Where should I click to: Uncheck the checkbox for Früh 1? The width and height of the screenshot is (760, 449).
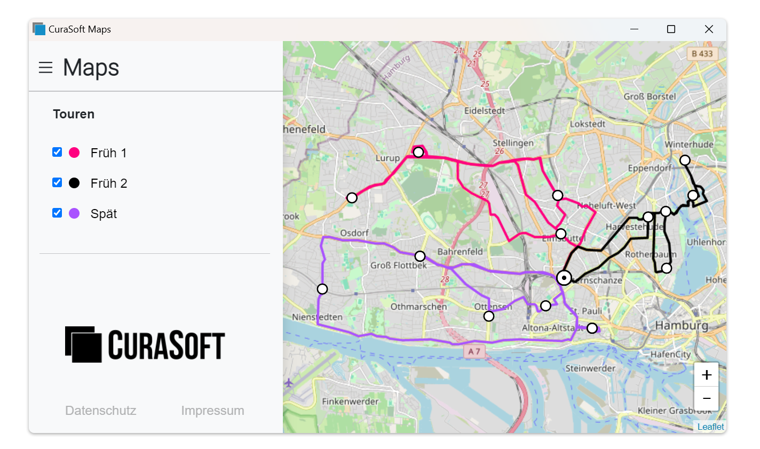coord(57,152)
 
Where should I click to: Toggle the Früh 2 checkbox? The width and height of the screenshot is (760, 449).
coord(57,182)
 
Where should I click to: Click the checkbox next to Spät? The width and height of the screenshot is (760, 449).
coord(57,213)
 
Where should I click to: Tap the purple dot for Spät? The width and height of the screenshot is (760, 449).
coord(74,213)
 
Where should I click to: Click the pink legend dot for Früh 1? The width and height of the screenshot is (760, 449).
coord(74,153)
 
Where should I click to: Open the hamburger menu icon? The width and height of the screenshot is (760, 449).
coord(46,68)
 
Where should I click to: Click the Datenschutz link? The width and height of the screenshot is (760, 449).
coord(100,411)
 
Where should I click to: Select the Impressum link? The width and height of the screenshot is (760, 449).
coord(212,411)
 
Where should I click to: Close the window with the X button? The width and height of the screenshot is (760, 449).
coord(709,29)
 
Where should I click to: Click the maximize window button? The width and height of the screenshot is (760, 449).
coord(671,29)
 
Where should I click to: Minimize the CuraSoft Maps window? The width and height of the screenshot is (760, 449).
coord(634,29)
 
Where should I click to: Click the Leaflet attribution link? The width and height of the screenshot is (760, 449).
coord(710,427)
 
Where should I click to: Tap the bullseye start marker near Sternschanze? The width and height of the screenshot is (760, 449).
coord(564,278)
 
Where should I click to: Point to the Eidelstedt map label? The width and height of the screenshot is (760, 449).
coord(484,111)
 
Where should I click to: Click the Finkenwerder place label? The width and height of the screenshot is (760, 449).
coord(350,402)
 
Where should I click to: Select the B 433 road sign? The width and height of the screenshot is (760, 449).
coord(702,53)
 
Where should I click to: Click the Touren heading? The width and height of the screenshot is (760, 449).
coord(74,114)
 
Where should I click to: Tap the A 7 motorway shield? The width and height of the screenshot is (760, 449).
coord(474,351)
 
